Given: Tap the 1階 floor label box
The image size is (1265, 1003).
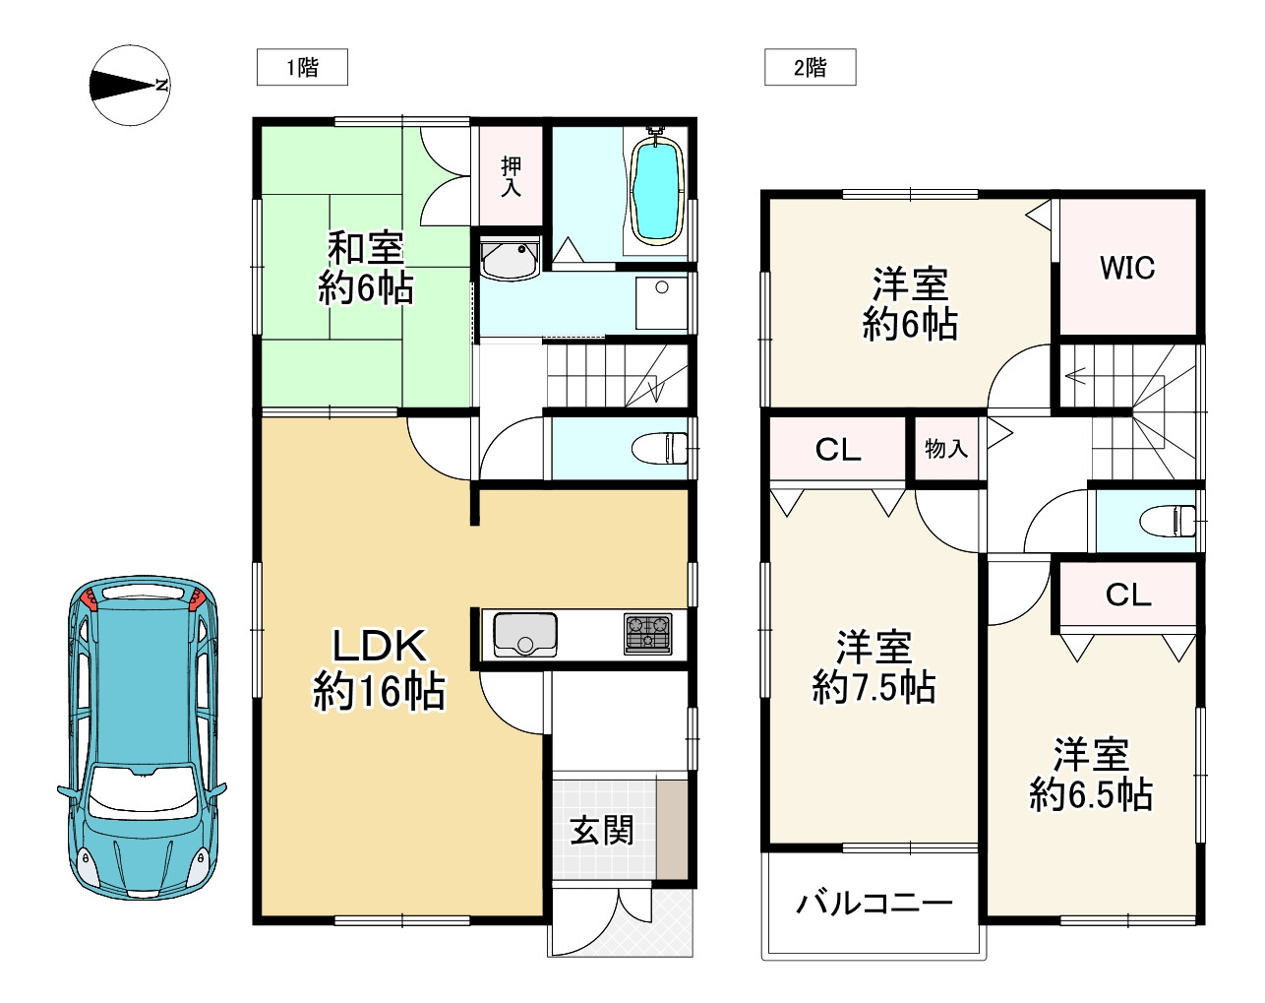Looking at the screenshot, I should [x=302, y=67].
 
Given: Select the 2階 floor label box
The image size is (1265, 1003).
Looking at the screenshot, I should [x=810, y=67].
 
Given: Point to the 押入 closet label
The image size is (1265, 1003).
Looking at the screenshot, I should [x=511, y=176].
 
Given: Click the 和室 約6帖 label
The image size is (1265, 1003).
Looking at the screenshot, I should [x=365, y=268].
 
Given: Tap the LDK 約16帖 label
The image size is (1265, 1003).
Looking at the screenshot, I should [x=379, y=668].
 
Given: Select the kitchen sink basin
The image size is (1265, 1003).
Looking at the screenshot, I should [x=524, y=633].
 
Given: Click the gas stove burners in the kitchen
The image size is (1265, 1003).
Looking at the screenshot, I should [x=648, y=633].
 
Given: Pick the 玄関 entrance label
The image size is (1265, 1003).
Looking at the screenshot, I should [x=602, y=830].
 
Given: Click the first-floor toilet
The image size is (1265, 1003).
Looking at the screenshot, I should [x=662, y=449].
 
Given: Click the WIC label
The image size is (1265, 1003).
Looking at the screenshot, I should [x=1127, y=268].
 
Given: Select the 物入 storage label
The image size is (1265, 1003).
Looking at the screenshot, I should [x=946, y=449].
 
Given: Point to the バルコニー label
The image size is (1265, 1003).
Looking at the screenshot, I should [x=873, y=903].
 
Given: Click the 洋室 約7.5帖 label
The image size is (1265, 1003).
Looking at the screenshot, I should [x=873, y=667].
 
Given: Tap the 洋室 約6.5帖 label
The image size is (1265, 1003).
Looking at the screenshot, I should [x=1091, y=775].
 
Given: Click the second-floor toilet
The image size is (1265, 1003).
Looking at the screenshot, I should [x=1171, y=520].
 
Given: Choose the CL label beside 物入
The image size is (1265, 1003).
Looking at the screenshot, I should [x=838, y=450].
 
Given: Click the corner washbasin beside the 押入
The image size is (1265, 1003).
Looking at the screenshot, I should [x=509, y=258].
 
